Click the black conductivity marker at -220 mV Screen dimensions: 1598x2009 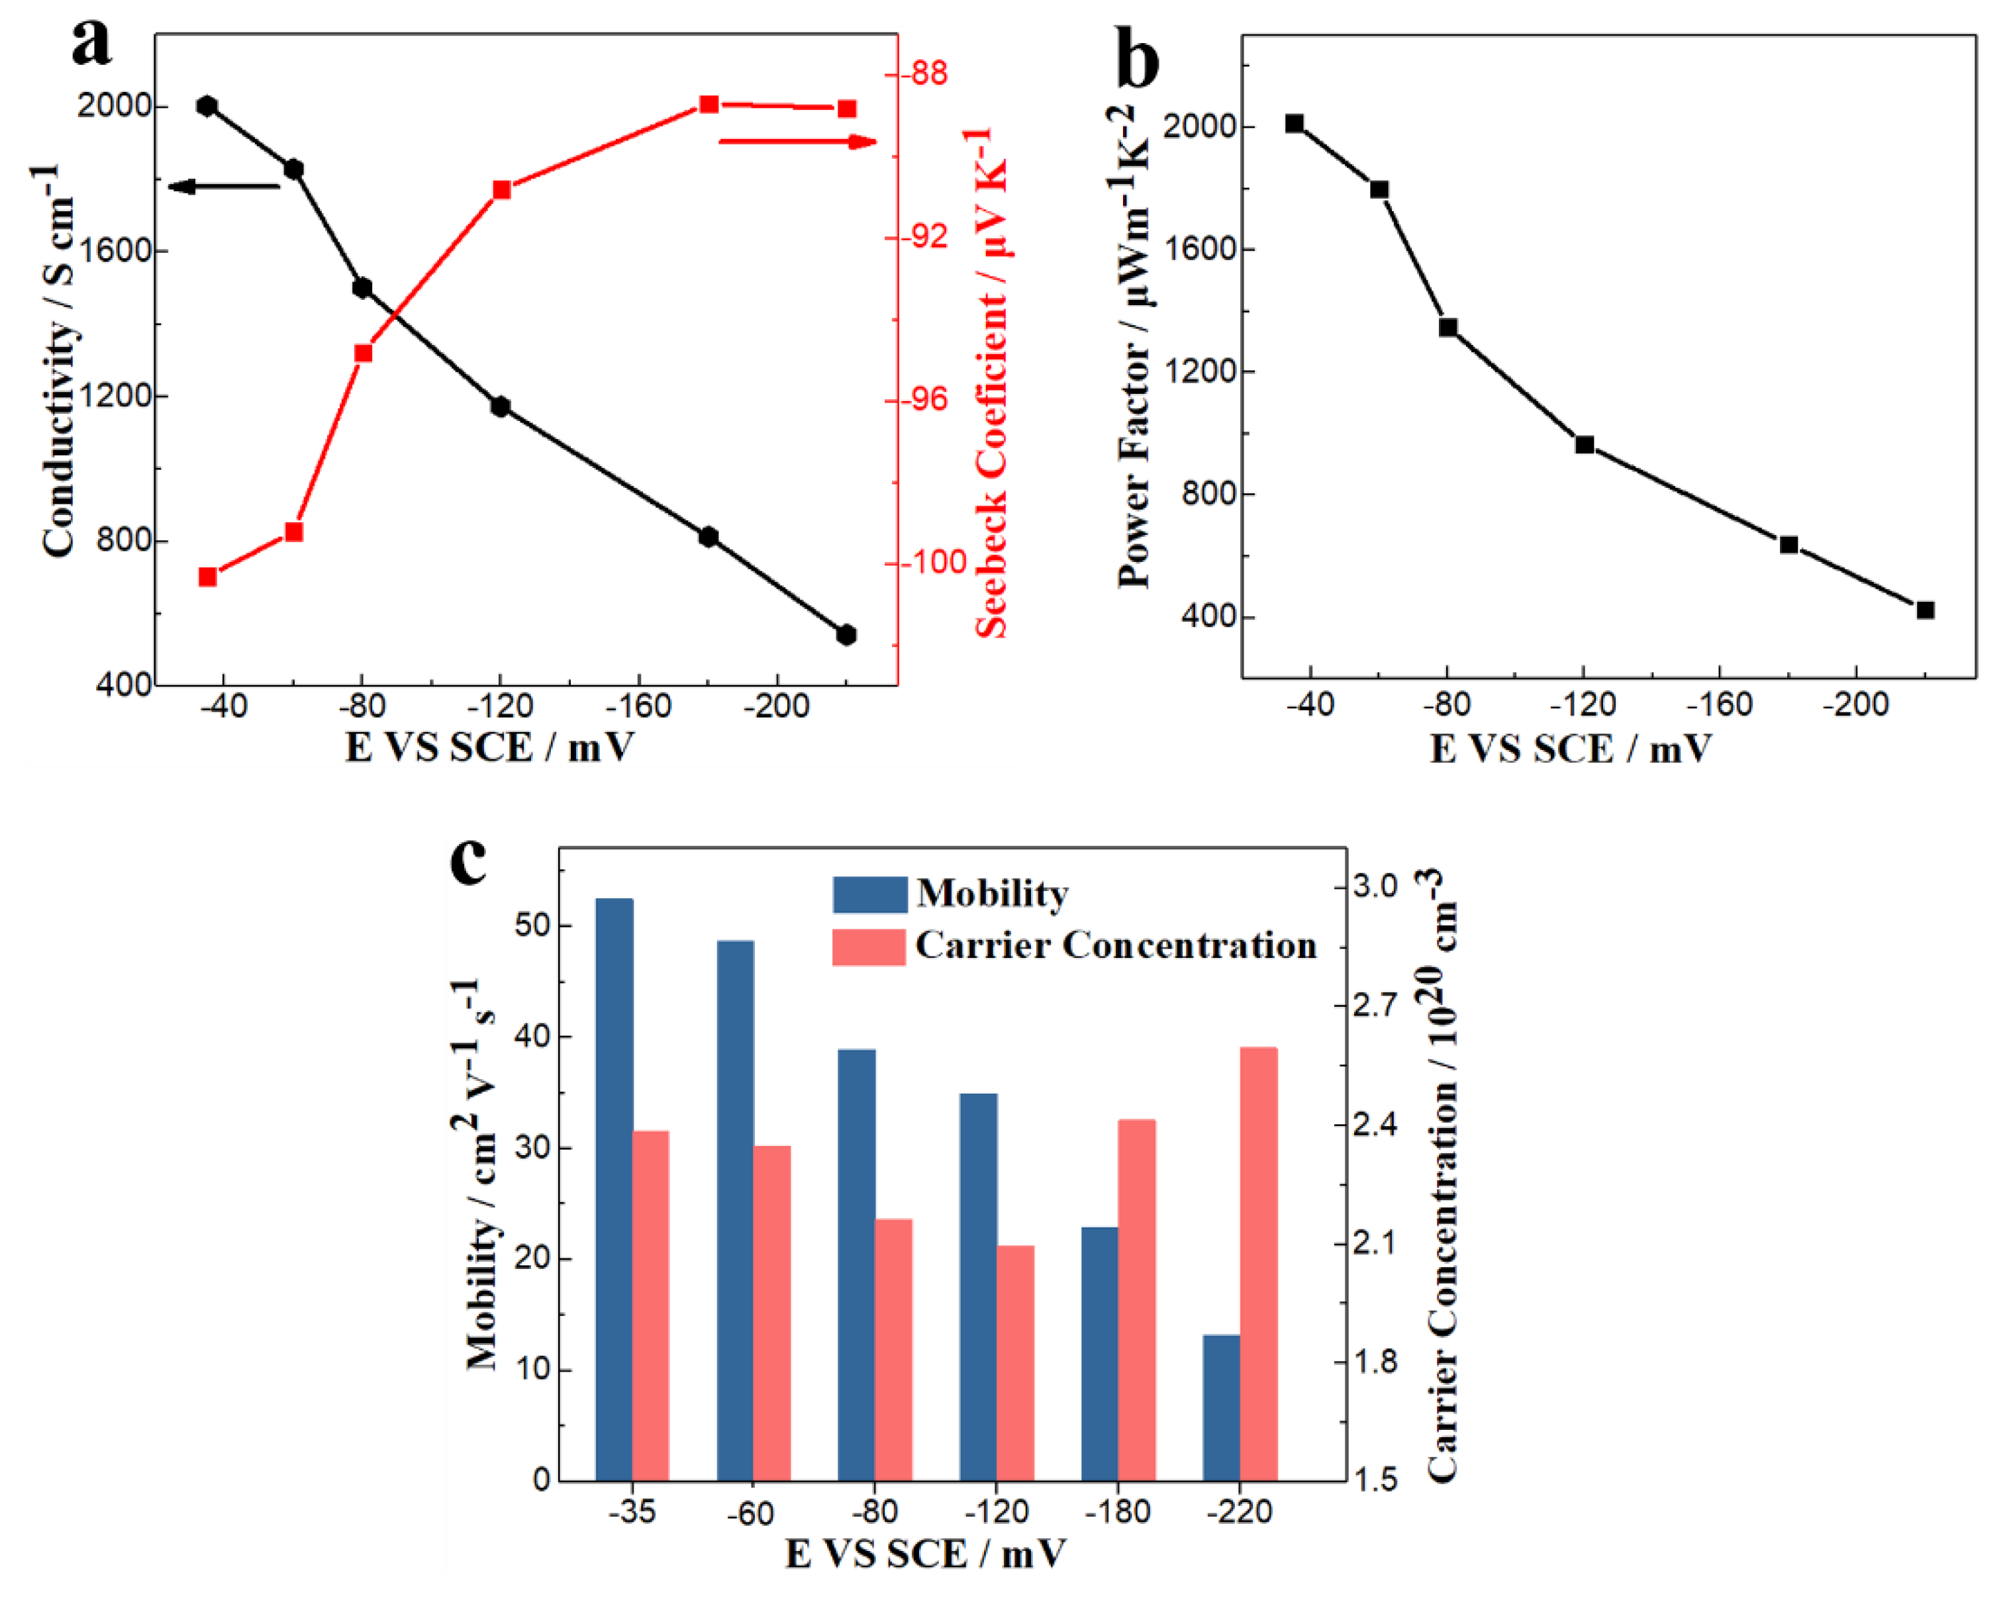point(846,635)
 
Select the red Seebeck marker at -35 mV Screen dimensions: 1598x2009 point(208,577)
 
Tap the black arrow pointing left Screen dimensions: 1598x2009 point(224,187)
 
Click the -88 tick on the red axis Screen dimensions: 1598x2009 point(924,73)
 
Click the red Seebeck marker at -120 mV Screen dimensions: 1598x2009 point(501,190)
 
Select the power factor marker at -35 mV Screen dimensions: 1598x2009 point(1295,123)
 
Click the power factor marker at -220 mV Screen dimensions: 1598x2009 point(1925,610)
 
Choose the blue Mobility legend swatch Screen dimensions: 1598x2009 point(869,894)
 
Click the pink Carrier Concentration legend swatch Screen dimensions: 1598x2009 point(869,946)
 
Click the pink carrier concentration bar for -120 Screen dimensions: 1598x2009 point(1016,1362)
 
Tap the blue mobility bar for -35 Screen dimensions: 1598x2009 point(614,1189)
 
